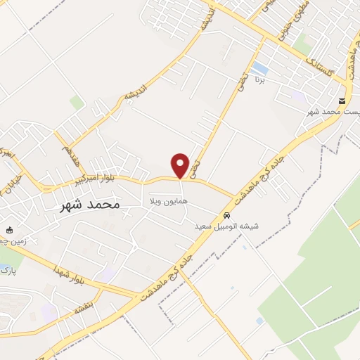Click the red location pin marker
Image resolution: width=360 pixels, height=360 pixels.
[181, 165]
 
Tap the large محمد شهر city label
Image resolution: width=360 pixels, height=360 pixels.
[86, 204]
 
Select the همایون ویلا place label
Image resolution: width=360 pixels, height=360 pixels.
[165, 202]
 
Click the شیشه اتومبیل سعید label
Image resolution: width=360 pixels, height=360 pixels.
[226, 226]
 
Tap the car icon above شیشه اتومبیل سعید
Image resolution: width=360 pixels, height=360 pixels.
[226, 215]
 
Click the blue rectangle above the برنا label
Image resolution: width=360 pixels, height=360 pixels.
[260, 68]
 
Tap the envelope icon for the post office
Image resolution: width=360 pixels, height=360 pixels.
[342, 101]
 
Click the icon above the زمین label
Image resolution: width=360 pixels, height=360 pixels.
[9, 230]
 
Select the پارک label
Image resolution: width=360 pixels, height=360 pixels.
[7, 269]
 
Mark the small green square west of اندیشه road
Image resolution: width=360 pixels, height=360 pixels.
[77, 103]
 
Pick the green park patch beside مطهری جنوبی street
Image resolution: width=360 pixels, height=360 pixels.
[302, 44]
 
